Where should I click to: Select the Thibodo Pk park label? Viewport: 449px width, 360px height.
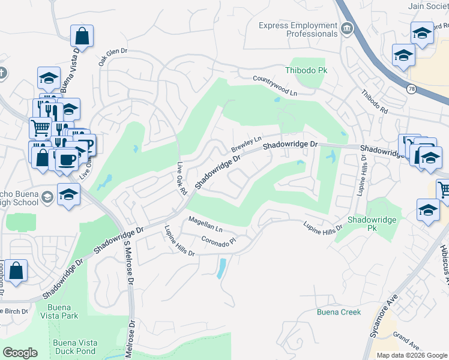[x=309, y=70]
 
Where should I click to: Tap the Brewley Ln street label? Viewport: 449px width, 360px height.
[x=246, y=143]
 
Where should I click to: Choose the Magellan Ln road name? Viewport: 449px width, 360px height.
[x=205, y=225]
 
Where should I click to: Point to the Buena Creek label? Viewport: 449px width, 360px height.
[x=339, y=312]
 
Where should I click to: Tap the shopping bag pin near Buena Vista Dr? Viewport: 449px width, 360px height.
[x=82, y=37]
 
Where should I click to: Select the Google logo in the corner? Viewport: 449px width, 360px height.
[x=20, y=353]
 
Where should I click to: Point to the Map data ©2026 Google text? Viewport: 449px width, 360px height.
[x=411, y=355]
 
